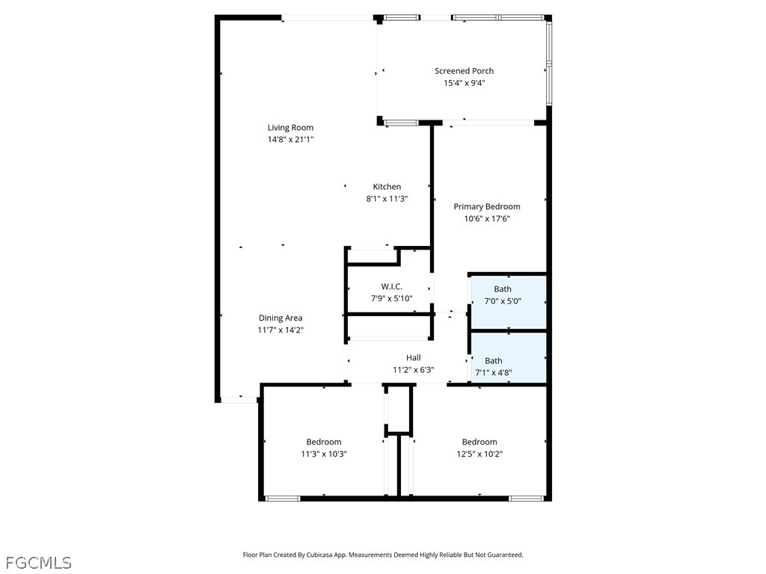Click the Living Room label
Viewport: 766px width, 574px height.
(290, 127)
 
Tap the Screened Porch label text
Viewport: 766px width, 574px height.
(464, 71)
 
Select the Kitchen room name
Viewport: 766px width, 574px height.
(387, 186)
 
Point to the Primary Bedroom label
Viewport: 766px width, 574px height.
(486, 206)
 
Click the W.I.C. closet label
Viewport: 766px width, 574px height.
(392, 286)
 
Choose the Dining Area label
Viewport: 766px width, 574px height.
(281, 318)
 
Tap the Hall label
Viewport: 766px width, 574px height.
(413, 358)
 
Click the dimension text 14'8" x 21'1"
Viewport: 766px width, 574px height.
(290, 140)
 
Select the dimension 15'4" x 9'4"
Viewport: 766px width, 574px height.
(464, 83)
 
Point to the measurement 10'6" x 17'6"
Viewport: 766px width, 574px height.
(486, 219)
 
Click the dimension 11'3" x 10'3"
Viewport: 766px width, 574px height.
(324, 454)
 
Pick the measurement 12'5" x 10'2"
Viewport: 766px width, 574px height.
(479, 454)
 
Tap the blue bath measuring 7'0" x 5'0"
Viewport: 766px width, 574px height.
(508, 302)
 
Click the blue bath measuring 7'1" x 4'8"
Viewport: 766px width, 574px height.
(508, 358)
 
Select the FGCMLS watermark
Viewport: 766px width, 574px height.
(39, 563)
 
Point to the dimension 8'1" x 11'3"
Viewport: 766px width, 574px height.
(387, 199)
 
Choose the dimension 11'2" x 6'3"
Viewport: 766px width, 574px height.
(413, 370)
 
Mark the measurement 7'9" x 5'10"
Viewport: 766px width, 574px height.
(392, 299)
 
